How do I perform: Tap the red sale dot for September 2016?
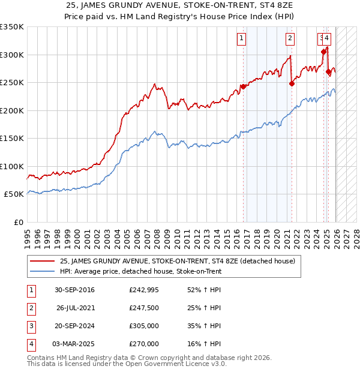pyautogui.click(x=243, y=86)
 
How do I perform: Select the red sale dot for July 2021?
pyautogui.click(x=292, y=83)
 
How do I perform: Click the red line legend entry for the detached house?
pyautogui.click(x=177, y=261)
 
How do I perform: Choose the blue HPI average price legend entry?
pyautogui.click(x=140, y=271)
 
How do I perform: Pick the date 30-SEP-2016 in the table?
pyautogui.click(x=74, y=290)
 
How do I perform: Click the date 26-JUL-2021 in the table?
pyautogui.click(x=76, y=308)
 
